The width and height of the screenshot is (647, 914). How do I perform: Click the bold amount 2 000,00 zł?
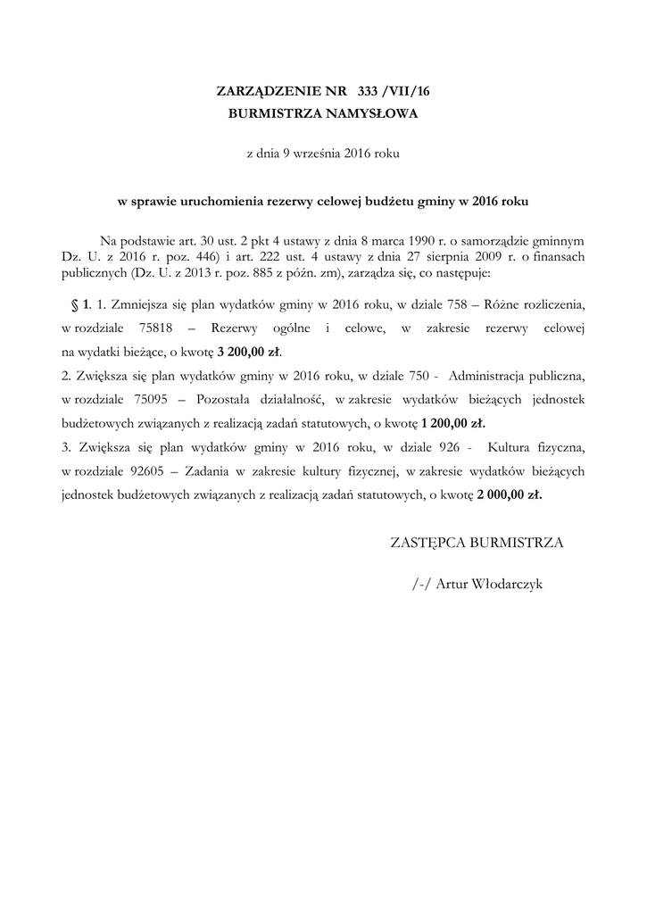click(509, 493)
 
